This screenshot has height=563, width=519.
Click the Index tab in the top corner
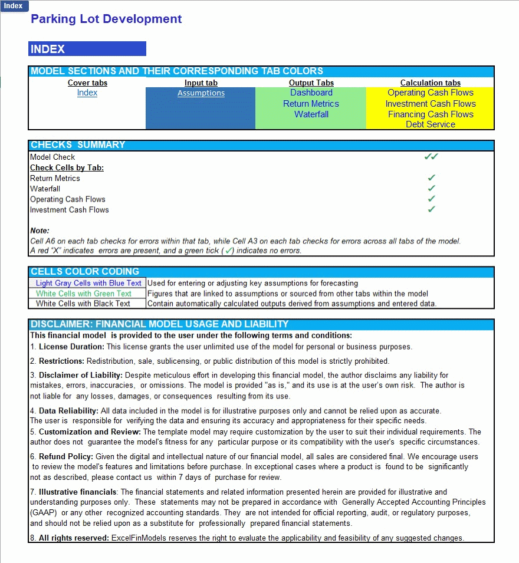coord(13,6)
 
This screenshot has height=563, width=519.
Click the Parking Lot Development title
coord(106,19)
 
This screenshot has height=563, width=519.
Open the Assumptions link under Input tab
coord(201,93)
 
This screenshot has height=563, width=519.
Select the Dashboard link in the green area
coord(311,93)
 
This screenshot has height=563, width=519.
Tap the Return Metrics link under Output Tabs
coord(311,104)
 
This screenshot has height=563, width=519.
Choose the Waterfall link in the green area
coord(311,114)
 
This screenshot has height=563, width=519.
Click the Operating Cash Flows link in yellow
coord(431,93)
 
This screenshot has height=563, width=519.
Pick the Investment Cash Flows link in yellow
coord(431,104)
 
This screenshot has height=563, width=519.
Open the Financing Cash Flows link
coord(431,114)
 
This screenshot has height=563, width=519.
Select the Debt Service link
coord(431,124)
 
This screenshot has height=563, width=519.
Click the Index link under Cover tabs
coord(87,93)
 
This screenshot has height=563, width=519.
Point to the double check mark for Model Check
coord(431,157)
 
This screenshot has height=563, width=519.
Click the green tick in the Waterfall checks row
coord(432,189)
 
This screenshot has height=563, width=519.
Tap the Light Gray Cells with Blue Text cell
coord(88,283)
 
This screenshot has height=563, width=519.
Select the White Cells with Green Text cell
coord(84,294)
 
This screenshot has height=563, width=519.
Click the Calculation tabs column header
coord(431,83)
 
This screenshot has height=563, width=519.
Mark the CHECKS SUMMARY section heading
coord(78,145)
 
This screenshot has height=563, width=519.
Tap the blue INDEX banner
coord(87,49)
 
